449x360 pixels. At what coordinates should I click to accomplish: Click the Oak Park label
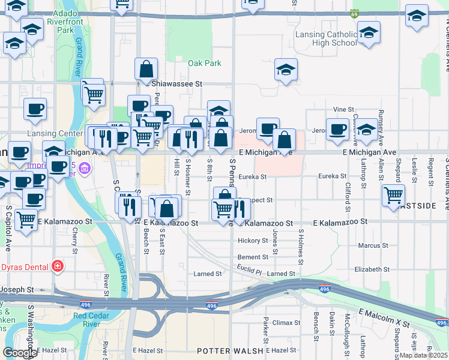(204, 63)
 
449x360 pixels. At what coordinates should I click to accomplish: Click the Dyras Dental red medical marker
(57, 266)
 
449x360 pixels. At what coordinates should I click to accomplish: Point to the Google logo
(20, 352)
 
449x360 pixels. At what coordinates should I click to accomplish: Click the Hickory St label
(252, 241)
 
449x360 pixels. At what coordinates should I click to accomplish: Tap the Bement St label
(252, 257)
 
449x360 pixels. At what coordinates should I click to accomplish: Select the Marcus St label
(373, 245)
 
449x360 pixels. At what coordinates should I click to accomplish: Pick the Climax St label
(282, 323)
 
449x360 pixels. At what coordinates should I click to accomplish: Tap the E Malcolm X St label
(384, 319)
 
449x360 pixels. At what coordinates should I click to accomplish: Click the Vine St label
(343, 109)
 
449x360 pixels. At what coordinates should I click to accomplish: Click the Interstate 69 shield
(355, 13)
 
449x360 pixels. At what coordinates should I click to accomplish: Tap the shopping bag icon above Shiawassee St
(146, 70)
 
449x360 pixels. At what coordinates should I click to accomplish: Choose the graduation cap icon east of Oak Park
(286, 71)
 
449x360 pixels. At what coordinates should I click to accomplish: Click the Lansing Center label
(55, 133)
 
